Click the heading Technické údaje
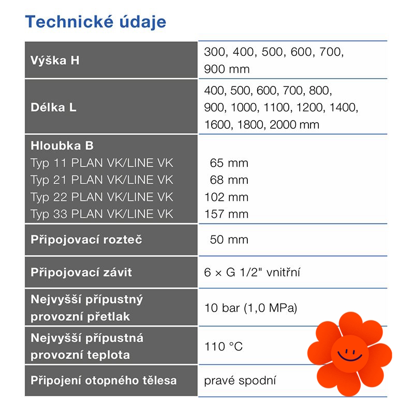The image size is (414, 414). (96, 22)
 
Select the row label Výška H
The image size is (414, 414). (55, 60)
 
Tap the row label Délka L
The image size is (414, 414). (53, 108)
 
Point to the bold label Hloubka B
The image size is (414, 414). (62, 146)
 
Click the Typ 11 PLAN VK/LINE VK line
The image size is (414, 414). (102, 163)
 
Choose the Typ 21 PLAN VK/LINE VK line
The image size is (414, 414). (102, 180)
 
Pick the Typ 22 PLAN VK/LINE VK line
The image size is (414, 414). (102, 197)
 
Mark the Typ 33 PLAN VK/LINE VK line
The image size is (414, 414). (102, 214)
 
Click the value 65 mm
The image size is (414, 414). (229, 163)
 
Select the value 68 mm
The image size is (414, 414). (229, 180)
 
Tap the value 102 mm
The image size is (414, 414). (227, 197)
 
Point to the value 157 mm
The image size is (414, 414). (227, 214)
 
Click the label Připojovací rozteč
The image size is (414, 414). (86, 240)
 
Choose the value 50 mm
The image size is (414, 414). (229, 240)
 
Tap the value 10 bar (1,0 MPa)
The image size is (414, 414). (251, 308)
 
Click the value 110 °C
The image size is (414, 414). (224, 346)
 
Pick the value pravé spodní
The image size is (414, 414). (240, 381)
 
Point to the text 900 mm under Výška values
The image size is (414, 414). (227, 69)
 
